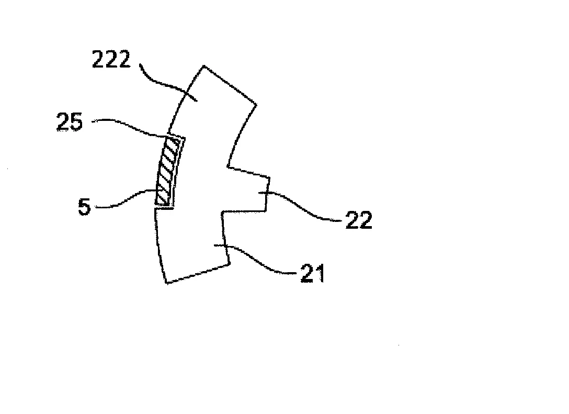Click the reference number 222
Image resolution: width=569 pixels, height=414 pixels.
click(x=111, y=60)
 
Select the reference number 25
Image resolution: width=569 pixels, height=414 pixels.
click(x=70, y=121)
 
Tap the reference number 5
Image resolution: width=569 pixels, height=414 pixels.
click(x=84, y=207)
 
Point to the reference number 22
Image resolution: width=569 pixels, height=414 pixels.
click(x=359, y=220)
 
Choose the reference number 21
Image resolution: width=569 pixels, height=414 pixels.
click(x=312, y=273)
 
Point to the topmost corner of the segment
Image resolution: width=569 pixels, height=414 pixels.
click(x=203, y=66)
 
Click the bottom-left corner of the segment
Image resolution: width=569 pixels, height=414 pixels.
click(x=166, y=283)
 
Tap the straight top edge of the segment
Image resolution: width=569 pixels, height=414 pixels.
click(x=230, y=85)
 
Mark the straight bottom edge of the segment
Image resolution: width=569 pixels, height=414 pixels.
click(x=198, y=273)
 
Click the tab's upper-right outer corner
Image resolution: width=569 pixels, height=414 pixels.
click(x=269, y=177)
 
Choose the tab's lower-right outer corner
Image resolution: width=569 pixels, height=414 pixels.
click(x=266, y=210)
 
